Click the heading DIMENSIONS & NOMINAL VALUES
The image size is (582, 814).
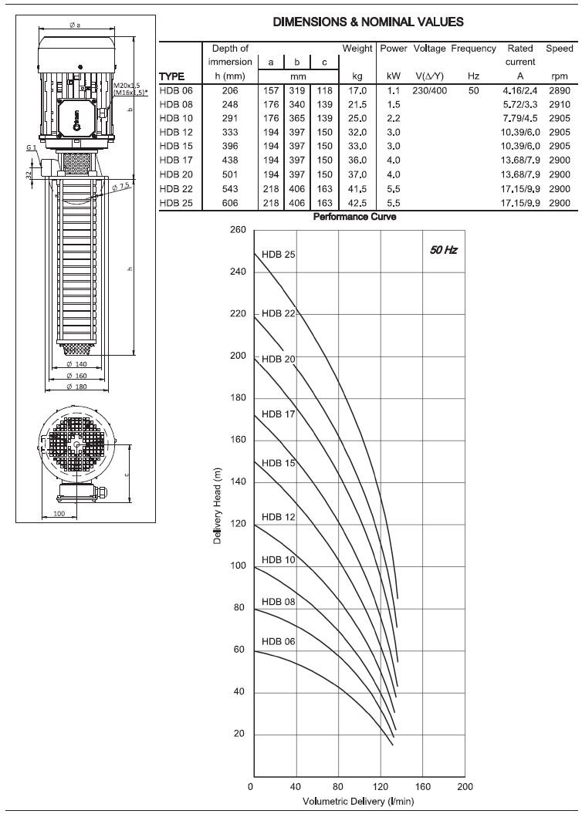(368, 22)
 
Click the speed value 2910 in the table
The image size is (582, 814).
(559, 104)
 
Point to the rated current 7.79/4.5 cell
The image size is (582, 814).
(519, 118)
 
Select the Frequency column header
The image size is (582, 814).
(473, 48)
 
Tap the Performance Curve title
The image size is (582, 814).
(354, 218)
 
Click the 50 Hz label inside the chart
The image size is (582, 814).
(443, 250)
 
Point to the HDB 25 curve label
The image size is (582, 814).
(278, 254)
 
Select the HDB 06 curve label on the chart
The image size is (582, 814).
(278, 641)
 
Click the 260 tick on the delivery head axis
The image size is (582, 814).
(238, 230)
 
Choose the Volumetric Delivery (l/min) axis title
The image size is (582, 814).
(357, 802)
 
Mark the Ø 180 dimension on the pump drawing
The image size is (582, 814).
(76, 386)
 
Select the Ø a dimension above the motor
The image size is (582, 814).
(75, 25)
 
